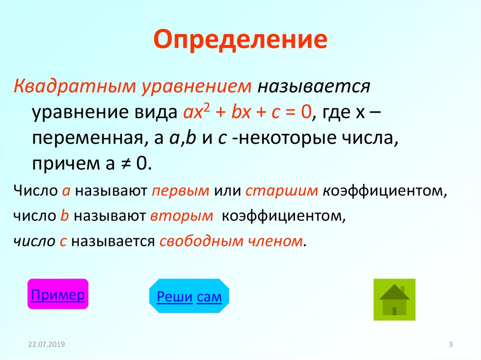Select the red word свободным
(x=200, y=242)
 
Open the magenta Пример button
(x=58, y=294)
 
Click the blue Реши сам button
(x=189, y=296)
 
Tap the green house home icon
(x=394, y=299)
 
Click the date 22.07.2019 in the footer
(x=46, y=345)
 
